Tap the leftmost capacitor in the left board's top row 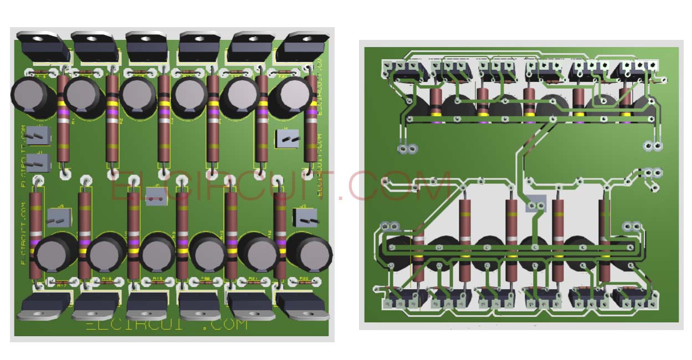31,97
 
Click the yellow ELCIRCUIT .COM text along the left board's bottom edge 167,325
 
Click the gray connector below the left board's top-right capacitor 288,139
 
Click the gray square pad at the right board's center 535,204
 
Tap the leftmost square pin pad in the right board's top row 387,66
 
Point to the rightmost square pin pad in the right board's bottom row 654,304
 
